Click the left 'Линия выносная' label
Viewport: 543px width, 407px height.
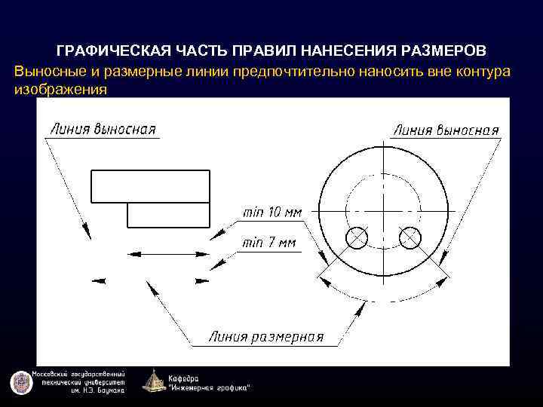coord(103,128)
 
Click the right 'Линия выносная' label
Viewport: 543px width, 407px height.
coord(446,130)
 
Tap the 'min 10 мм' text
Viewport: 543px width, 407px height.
coord(271,213)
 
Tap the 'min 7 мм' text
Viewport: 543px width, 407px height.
coord(269,243)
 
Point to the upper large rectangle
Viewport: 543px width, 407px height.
coord(150,185)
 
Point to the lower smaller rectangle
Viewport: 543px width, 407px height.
coord(168,215)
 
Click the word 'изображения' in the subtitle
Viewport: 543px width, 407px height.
coord(60,90)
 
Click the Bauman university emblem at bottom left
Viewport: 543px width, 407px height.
coord(20,383)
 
